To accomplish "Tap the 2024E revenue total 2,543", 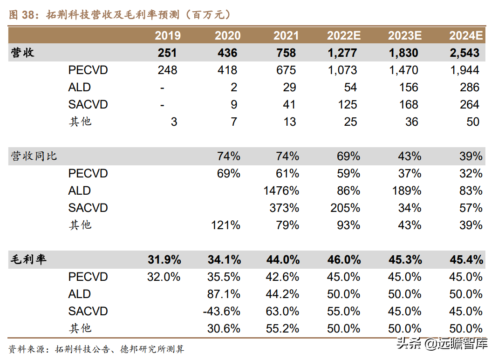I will tap(465, 53).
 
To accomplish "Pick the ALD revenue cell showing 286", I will tap(470, 88).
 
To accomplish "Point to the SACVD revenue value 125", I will tap(348, 105).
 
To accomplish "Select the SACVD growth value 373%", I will tap(284, 208).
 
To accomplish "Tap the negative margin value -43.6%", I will tap(222, 312).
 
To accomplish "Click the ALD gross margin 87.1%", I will tap(224, 294).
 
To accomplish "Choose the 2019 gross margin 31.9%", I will tap(164, 260).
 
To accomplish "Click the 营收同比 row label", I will tap(34, 156).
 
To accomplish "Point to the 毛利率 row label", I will tap(28, 260).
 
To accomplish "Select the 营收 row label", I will tap(22, 53).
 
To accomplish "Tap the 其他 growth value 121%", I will tap(225, 225).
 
